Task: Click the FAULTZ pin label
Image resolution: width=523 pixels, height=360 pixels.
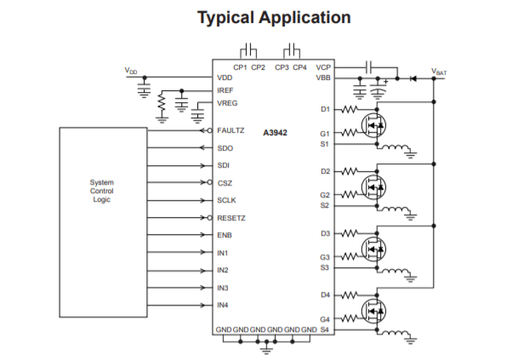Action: click(230, 130)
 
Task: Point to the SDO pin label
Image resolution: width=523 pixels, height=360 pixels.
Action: click(225, 147)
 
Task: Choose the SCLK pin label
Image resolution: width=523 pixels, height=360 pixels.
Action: click(226, 200)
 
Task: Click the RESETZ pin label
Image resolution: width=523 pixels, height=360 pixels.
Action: click(231, 218)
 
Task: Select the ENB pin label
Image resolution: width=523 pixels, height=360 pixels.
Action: click(224, 235)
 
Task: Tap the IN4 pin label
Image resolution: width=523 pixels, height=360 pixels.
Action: click(223, 305)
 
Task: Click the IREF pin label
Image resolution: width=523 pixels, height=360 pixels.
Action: click(225, 89)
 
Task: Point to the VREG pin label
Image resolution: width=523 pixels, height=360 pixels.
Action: click(227, 103)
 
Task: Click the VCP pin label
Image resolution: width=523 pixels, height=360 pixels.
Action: click(323, 66)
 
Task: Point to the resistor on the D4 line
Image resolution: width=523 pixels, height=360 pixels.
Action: click(350, 294)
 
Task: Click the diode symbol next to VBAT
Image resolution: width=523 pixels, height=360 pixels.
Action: click(412, 78)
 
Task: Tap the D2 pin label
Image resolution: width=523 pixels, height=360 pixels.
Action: click(325, 171)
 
